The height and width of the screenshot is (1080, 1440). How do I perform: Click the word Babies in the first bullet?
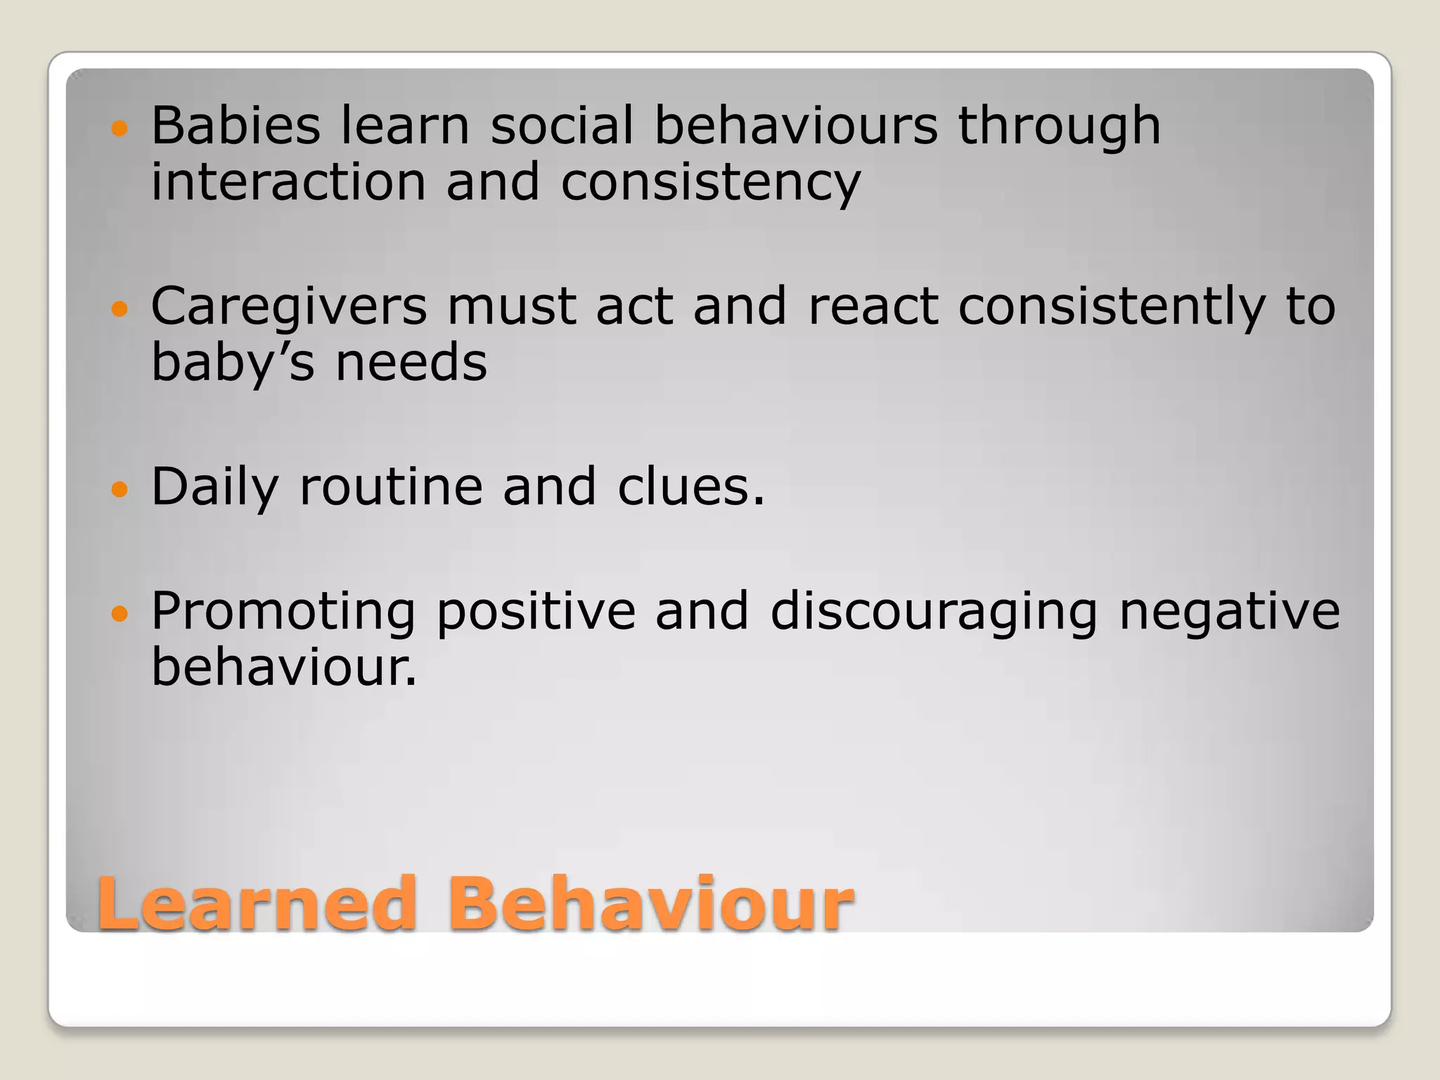[236, 126]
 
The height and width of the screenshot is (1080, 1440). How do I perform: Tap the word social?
[562, 126]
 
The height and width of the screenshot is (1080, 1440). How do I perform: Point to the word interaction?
[288, 182]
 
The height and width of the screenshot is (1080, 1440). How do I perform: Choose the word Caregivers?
[289, 308]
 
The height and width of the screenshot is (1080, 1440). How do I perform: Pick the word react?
[873, 308]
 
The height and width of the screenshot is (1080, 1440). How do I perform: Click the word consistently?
[1112, 308]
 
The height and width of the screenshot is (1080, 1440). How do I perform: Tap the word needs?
[411, 364]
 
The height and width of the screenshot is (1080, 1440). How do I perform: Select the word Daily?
[215, 488]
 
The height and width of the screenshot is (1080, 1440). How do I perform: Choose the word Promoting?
[283, 612]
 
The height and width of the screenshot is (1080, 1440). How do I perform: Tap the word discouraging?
[934, 612]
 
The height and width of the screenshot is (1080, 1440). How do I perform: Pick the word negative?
[1230, 611]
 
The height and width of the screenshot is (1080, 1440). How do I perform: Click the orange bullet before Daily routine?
[120, 489]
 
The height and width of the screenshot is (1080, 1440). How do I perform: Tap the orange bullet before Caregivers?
[120, 309]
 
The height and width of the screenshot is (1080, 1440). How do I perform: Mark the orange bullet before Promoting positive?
[120, 613]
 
